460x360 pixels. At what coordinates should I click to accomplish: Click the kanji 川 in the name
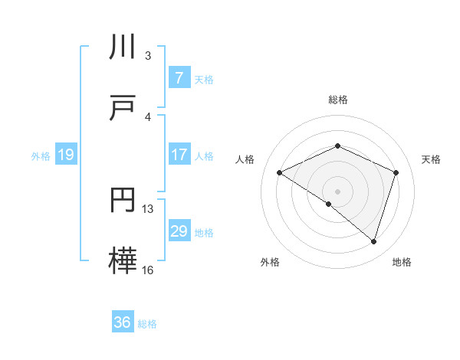click(124, 48)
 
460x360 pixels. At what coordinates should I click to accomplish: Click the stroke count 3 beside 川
click(148, 56)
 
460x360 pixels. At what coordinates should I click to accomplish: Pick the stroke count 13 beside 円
click(148, 209)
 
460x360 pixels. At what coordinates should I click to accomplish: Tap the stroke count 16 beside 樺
click(148, 270)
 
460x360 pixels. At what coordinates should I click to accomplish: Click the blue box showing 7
click(179, 78)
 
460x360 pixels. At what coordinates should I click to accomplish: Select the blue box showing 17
click(179, 155)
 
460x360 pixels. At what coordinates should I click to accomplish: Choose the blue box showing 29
click(179, 231)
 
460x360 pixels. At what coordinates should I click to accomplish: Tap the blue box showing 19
click(65, 155)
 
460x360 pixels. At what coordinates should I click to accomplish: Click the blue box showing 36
click(122, 322)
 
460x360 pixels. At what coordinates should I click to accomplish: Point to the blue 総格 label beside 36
click(147, 324)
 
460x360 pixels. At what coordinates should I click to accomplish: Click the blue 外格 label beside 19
click(41, 156)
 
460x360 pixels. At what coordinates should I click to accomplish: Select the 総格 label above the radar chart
click(338, 100)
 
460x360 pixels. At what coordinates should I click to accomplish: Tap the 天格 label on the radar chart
click(432, 159)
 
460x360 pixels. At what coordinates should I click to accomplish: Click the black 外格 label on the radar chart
click(270, 262)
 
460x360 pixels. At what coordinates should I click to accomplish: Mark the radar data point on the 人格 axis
click(280, 173)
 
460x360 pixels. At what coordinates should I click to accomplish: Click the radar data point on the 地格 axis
click(373, 241)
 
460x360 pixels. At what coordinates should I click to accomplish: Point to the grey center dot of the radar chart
click(338, 191)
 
